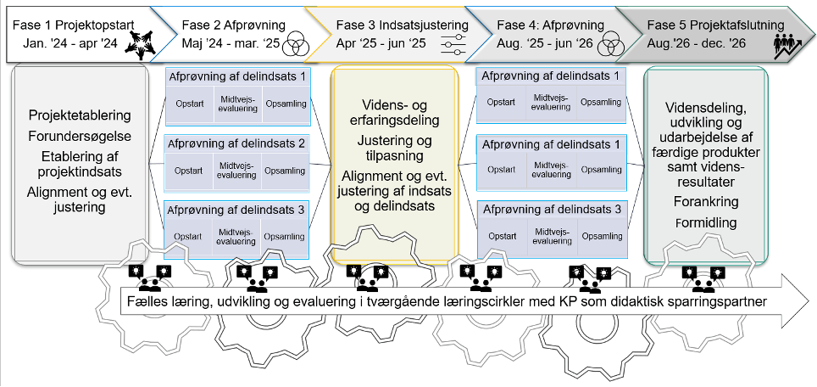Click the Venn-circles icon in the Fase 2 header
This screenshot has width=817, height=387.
pyautogui.click(x=296, y=42)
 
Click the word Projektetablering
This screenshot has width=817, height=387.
pyautogui.click(x=80, y=115)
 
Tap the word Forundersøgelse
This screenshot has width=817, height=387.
pyautogui.click(x=80, y=136)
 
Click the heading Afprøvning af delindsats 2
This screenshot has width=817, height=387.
pyautogui.click(x=237, y=143)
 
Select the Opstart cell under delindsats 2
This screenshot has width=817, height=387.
pyautogui.click(x=188, y=171)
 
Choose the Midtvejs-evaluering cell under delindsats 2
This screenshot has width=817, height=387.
pyautogui.click(x=236, y=171)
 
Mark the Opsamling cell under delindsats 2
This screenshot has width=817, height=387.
pyautogui.click(x=285, y=171)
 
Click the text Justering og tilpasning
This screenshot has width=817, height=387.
pyautogui.click(x=395, y=149)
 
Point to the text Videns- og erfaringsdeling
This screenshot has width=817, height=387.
pyautogui.click(x=395, y=112)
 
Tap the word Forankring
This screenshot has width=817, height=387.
pyautogui.click(x=706, y=203)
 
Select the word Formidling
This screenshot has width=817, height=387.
pyautogui.click(x=706, y=223)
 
